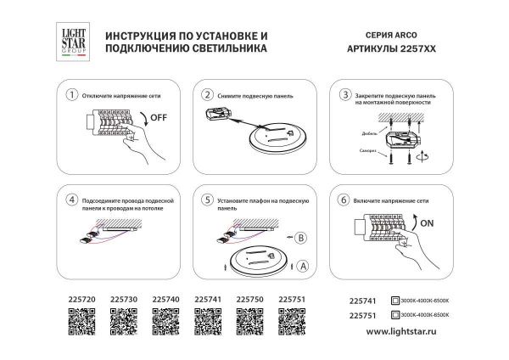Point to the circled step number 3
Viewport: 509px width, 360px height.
pos(344,94)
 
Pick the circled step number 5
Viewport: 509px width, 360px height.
pos(208,200)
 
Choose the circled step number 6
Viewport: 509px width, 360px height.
pos(344,200)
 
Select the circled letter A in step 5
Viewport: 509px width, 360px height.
pos(303,265)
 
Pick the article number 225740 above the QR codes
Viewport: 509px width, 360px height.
pos(165,300)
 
